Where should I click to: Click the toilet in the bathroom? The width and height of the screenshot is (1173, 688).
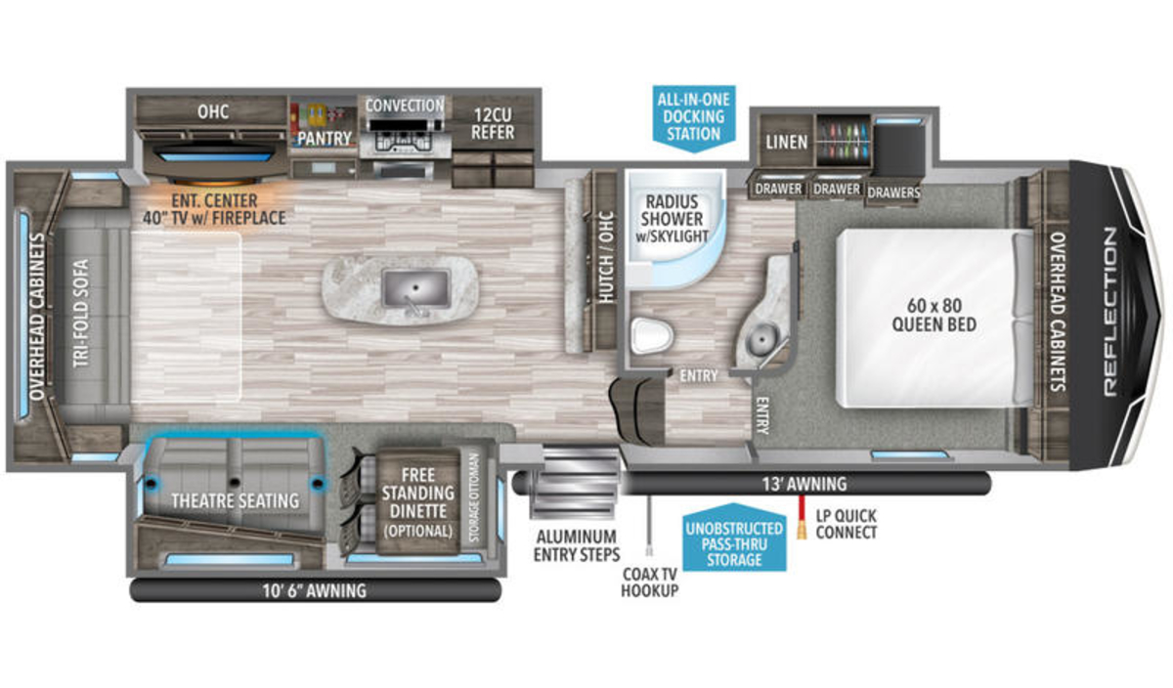651,335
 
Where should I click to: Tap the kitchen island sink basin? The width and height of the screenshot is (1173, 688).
415,288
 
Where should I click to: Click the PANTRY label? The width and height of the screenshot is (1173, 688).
325,139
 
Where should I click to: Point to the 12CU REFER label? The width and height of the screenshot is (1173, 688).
493,123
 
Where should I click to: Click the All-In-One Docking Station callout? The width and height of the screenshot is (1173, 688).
694,118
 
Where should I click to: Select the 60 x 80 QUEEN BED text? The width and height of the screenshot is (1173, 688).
934,316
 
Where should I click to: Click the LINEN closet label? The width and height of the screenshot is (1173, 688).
787,143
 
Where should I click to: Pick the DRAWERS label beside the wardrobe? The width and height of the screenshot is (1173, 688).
893,193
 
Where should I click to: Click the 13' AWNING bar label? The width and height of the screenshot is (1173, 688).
804,484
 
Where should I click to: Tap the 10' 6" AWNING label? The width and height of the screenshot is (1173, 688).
314,591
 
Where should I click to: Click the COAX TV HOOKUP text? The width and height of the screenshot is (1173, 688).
649,582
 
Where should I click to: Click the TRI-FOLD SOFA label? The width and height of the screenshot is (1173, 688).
80,313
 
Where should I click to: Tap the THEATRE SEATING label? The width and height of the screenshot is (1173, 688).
236,501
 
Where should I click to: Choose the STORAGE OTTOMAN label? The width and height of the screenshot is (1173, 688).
474,498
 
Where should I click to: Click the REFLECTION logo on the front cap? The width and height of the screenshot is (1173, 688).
1109,312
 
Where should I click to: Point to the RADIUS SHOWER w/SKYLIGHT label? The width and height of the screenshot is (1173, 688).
672,219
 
